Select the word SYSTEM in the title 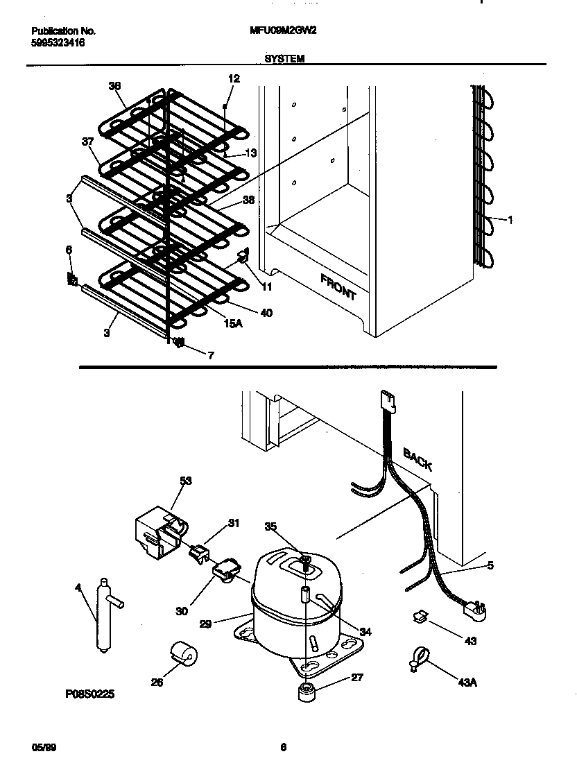pyautogui.click(x=284, y=60)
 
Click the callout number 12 pyautogui.click(x=234, y=79)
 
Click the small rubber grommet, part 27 pyautogui.click(x=306, y=693)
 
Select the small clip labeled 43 pyautogui.click(x=420, y=615)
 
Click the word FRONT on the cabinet pyautogui.click(x=338, y=286)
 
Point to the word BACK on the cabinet pyautogui.click(x=417, y=459)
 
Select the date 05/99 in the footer pyautogui.click(x=42, y=747)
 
